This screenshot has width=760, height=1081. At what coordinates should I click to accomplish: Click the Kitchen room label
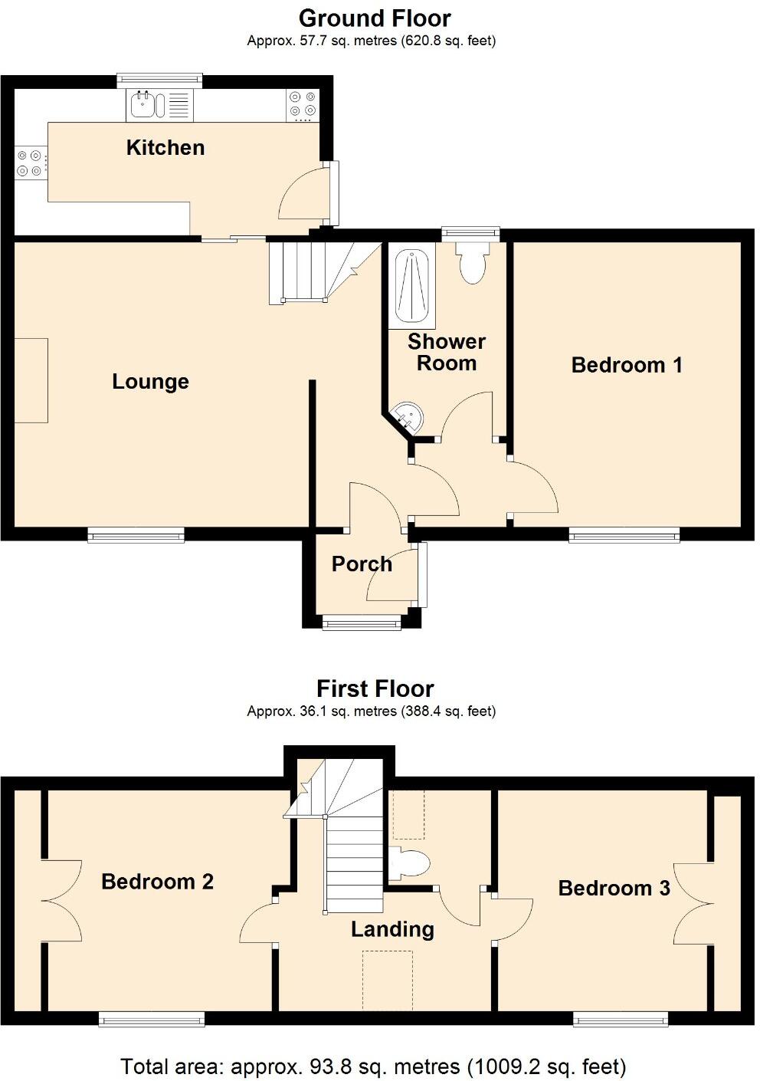coord(165,147)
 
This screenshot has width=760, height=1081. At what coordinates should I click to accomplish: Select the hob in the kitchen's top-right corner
coord(302,105)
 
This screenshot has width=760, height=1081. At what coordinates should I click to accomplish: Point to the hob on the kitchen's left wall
coord(28,163)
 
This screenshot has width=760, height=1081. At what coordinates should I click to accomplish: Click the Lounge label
coord(150,382)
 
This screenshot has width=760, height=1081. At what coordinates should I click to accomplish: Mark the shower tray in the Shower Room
coord(411,286)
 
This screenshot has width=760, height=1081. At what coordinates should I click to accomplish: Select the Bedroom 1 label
coord(626,365)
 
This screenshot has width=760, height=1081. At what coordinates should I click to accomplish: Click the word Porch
coord(362,564)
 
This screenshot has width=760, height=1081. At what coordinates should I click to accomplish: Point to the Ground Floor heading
coord(375,18)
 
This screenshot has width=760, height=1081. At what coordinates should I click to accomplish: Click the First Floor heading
coord(375,688)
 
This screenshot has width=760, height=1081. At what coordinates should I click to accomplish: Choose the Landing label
coord(392,929)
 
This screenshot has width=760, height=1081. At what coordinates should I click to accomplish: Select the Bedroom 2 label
coord(157,882)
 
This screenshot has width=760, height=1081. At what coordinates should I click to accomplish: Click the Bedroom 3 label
coord(614,888)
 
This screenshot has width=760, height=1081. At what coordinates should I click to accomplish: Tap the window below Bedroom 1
coord(624,535)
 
